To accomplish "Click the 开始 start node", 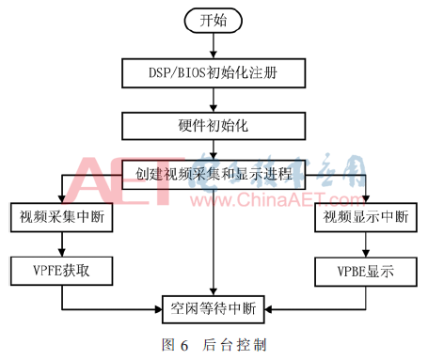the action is point(214,20).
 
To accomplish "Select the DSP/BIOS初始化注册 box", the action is point(214,70).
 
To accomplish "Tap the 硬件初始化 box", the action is point(214,123).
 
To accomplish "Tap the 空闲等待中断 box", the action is point(214,305).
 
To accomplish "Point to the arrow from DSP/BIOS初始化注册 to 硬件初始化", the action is point(214,97).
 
